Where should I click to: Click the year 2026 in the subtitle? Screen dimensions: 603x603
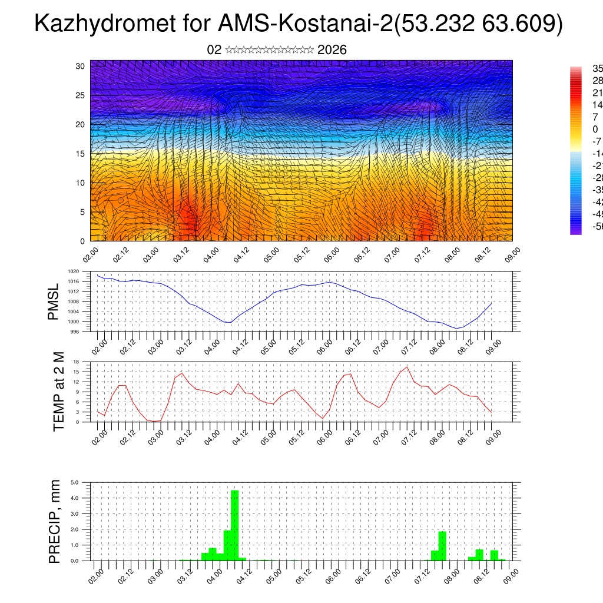tap(332, 50)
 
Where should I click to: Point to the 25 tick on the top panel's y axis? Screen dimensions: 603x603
tap(81, 95)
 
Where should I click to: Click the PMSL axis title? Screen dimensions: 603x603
tap(54, 301)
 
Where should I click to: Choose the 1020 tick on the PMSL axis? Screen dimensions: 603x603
tap(73, 272)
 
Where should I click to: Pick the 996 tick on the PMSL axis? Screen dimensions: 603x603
tap(75, 332)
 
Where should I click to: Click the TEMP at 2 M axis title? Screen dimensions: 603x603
tap(58, 392)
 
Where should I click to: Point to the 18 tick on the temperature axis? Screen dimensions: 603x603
tap(77, 362)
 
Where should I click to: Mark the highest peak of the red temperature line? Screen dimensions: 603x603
tap(407, 367)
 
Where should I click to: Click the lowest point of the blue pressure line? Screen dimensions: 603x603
tap(456, 329)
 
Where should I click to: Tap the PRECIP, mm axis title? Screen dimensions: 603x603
tap(55, 521)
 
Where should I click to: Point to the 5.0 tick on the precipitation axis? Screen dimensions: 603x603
tap(75, 482)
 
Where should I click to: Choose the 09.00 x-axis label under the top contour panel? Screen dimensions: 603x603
tap(511, 253)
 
